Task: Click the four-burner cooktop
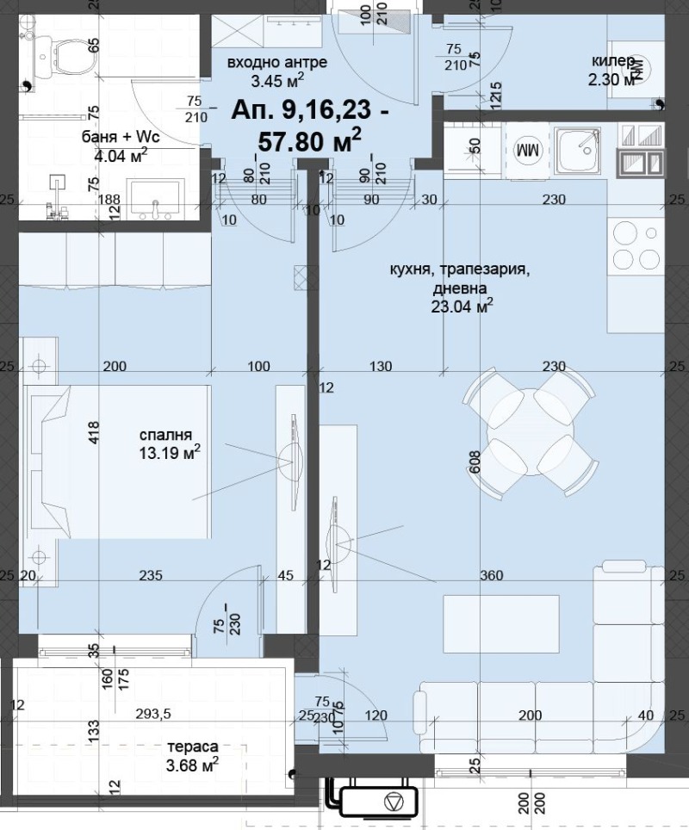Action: tap(635, 245)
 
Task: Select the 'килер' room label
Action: tap(613, 61)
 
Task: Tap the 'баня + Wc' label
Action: tap(121, 138)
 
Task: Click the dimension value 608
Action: tap(473, 462)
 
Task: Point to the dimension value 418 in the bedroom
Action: tap(95, 431)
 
